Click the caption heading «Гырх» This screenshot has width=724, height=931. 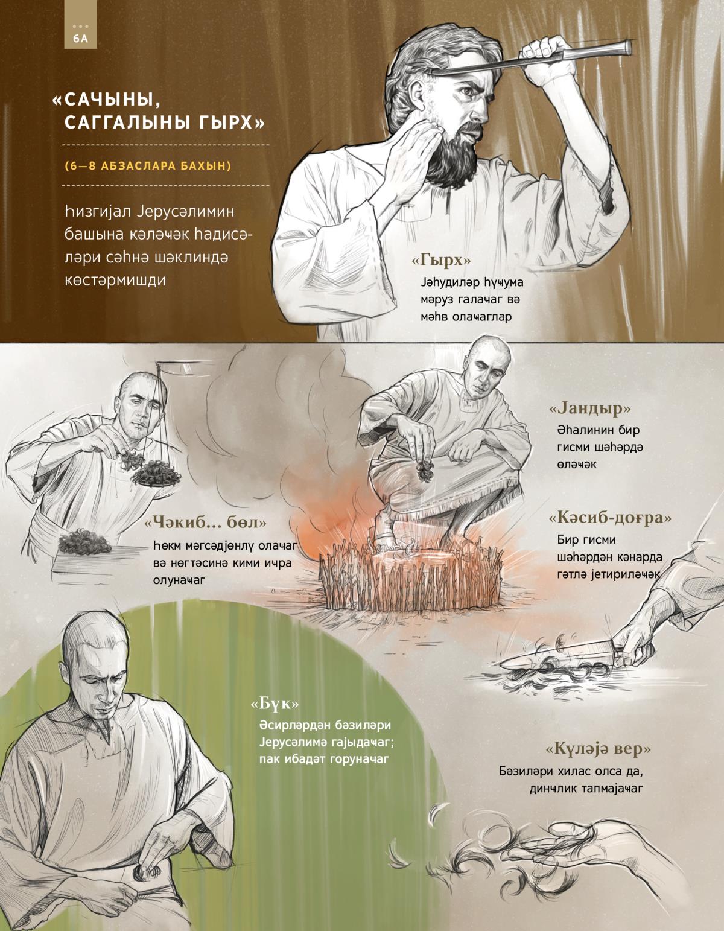[441, 260]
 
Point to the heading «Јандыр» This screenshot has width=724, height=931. [590, 408]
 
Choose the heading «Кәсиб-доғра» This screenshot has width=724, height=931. [610, 518]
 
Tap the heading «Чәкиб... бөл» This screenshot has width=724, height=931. [206, 523]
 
